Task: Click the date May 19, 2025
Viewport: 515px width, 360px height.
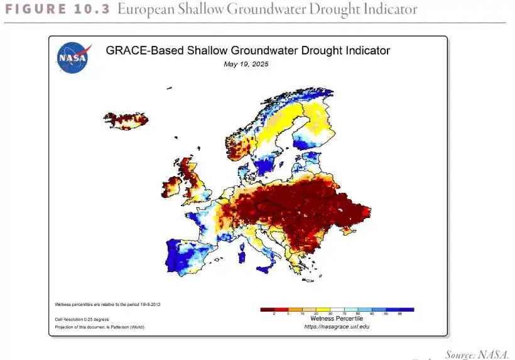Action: pyautogui.click(x=247, y=64)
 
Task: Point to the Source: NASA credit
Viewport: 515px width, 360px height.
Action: pyautogui.click(x=477, y=354)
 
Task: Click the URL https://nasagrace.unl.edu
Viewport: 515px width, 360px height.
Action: pyautogui.click(x=337, y=327)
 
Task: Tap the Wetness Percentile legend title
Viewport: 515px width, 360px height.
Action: pyautogui.click(x=337, y=319)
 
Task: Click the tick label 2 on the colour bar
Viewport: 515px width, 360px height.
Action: pyautogui.click(x=274, y=313)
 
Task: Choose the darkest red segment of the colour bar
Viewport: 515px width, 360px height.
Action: pyautogui.click(x=267, y=308)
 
